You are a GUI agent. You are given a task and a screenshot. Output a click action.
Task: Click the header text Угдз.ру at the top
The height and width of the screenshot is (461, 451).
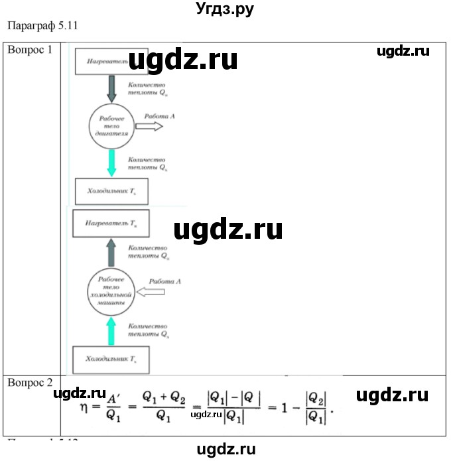225,9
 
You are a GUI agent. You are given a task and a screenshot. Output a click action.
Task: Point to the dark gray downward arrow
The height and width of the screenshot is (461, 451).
111,88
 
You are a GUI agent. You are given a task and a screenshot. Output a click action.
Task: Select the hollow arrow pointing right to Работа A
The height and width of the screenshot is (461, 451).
149,126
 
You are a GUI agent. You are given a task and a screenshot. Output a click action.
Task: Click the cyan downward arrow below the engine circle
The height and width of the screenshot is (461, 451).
111,162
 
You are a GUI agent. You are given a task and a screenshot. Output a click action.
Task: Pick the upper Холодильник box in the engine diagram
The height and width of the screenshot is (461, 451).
111,191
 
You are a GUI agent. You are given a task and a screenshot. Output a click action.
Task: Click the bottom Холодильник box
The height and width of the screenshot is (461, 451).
110,360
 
